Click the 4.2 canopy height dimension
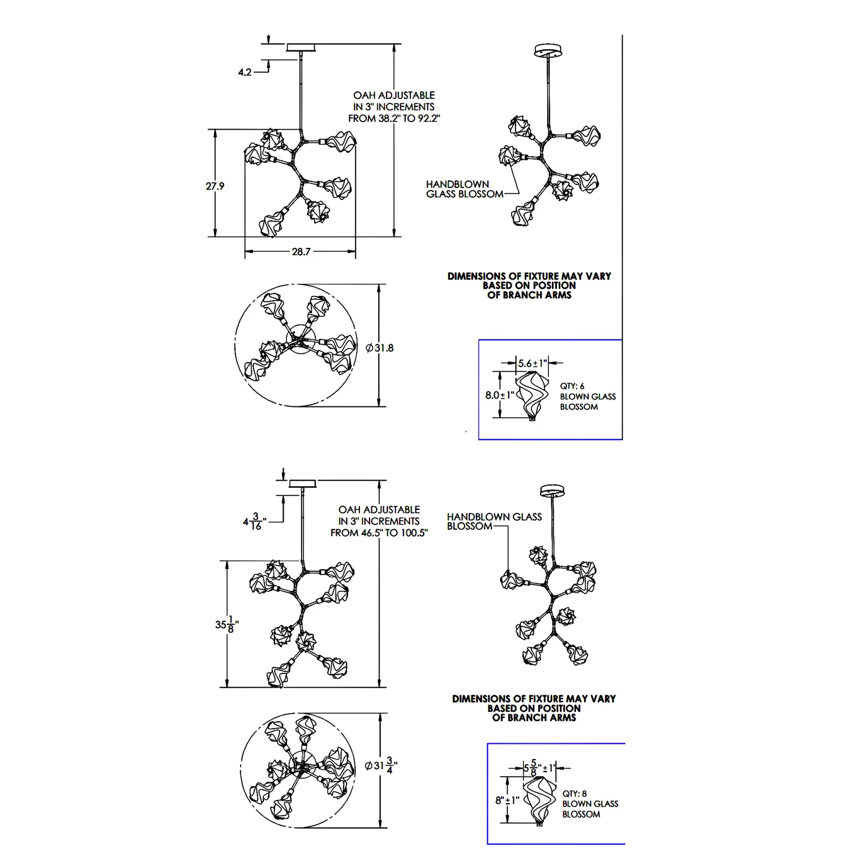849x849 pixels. tap(245, 72)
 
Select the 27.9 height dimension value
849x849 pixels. tap(215, 186)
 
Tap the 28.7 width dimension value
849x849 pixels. tap(301, 252)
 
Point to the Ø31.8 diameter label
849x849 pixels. tap(380, 348)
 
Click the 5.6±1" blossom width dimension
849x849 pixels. tap(533, 363)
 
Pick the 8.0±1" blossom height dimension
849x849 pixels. tap(500, 395)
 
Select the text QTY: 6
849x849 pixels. tap(572, 386)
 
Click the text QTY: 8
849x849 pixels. tap(574, 794)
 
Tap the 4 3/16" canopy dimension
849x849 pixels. tap(254, 521)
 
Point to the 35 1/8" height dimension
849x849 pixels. tap(226, 625)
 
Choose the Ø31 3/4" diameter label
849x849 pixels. tap(381, 766)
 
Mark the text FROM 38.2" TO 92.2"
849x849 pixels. tap(394, 119)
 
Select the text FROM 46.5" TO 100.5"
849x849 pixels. tap(379, 533)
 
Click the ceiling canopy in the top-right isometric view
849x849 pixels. tap(548, 50)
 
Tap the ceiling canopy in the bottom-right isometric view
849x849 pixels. tap(552, 490)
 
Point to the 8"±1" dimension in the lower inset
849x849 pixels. tap(507, 801)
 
